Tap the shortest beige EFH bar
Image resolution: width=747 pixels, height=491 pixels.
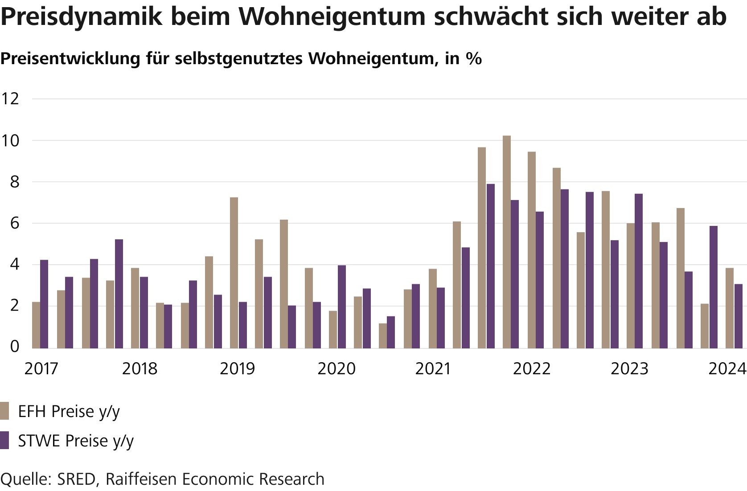383,336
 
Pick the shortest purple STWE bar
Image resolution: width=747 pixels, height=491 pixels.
391,332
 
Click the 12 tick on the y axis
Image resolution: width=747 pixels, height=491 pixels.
10,98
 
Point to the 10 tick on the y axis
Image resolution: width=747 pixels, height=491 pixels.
10,141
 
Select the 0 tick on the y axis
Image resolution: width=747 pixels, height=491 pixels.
14,347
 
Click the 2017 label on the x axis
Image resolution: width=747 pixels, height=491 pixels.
41,369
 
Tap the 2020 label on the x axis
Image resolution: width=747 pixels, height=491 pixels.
336,369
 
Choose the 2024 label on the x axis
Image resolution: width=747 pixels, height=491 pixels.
727,369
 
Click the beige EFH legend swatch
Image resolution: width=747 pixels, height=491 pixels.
5,411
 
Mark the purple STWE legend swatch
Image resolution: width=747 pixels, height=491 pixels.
5,440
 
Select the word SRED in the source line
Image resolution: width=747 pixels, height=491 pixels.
77,479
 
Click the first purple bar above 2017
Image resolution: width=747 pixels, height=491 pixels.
44,304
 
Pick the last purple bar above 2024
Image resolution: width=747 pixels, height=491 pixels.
739,316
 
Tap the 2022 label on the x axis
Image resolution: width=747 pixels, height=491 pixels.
532,369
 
